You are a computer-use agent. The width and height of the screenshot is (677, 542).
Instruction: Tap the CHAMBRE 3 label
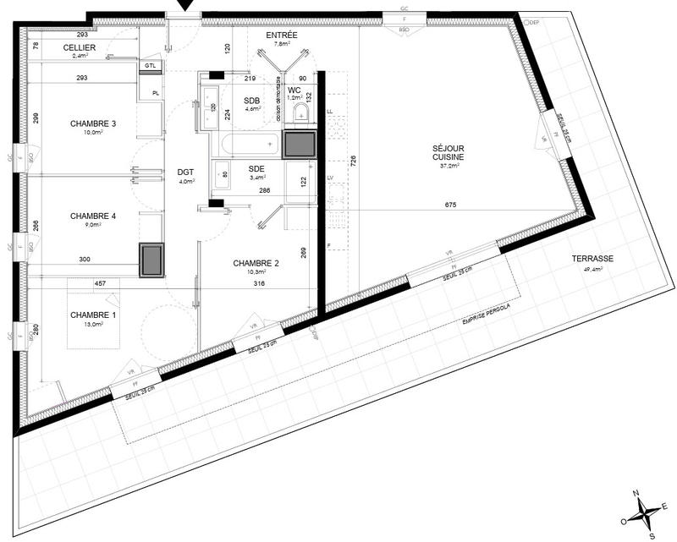[92, 124]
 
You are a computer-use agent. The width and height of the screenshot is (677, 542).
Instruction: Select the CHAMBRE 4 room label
[92, 216]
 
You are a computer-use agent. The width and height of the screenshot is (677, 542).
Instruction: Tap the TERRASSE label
[592, 260]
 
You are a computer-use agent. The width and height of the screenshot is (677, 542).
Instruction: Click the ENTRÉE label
[281, 36]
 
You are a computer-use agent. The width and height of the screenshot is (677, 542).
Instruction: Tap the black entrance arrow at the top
[185, 7]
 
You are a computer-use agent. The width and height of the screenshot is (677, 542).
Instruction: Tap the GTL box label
[150, 65]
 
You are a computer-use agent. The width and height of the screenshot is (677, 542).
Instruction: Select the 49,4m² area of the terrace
[592, 270]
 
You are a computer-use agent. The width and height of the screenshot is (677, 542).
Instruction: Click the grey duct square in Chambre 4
[152, 260]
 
